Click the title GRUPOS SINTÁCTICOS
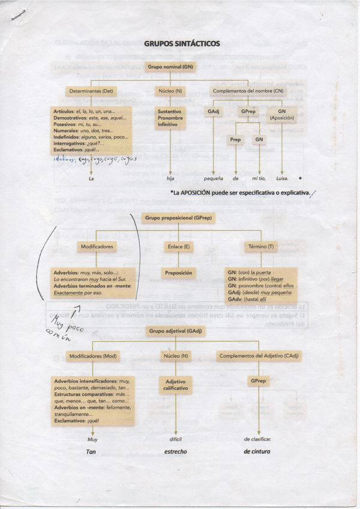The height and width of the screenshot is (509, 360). pos(182,44)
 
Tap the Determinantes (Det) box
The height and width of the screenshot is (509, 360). pos(91,91)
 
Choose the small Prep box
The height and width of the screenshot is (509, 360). pos(236,139)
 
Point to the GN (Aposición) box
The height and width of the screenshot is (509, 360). pos(282,115)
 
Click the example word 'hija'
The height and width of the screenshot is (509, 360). pos(172,178)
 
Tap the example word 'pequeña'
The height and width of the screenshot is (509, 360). pos(213,178)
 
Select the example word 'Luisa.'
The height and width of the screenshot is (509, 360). pos(281,178)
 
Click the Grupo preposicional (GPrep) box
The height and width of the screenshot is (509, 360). pos(172,218)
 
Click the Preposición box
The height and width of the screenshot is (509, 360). pos(179,273)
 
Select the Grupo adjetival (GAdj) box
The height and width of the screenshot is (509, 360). pos(173,331)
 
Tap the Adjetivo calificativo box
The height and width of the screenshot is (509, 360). pos(176,385)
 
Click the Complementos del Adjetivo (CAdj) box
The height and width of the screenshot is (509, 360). pos(259,357)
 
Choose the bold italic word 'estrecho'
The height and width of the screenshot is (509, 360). pos(176,451)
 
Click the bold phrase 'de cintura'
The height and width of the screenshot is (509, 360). pos(257,451)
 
